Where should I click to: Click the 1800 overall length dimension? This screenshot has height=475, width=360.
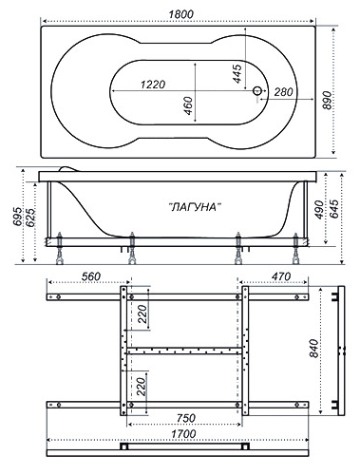click(x=180, y=14)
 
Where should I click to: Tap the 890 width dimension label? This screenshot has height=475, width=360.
click(x=328, y=101)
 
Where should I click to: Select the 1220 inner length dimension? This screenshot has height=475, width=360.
click(x=153, y=85)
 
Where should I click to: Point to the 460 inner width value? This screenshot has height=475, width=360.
click(x=188, y=105)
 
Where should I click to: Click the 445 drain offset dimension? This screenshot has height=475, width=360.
click(x=237, y=74)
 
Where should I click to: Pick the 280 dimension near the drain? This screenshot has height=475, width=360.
click(x=283, y=92)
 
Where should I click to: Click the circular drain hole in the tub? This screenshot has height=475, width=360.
click(x=257, y=91)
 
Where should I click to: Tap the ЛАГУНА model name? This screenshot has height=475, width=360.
click(x=194, y=207)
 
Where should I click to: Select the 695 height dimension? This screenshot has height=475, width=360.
click(x=17, y=217)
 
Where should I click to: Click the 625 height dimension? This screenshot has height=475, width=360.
click(x=30, y=218)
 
